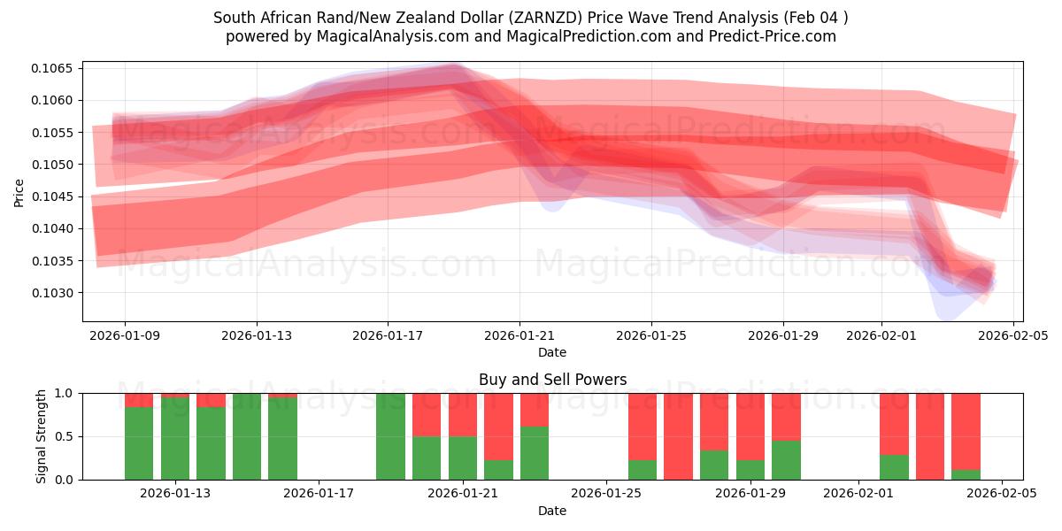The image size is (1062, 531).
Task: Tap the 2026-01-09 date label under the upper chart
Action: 125,335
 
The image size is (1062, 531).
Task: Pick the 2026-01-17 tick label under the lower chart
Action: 319,494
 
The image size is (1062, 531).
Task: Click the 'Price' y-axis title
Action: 19,192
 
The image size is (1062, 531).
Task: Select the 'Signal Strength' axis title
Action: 42,436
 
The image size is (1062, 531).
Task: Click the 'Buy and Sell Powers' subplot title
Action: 552,380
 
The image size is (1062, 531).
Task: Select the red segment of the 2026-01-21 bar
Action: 462,414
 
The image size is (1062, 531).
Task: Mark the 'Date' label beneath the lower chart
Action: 552,511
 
